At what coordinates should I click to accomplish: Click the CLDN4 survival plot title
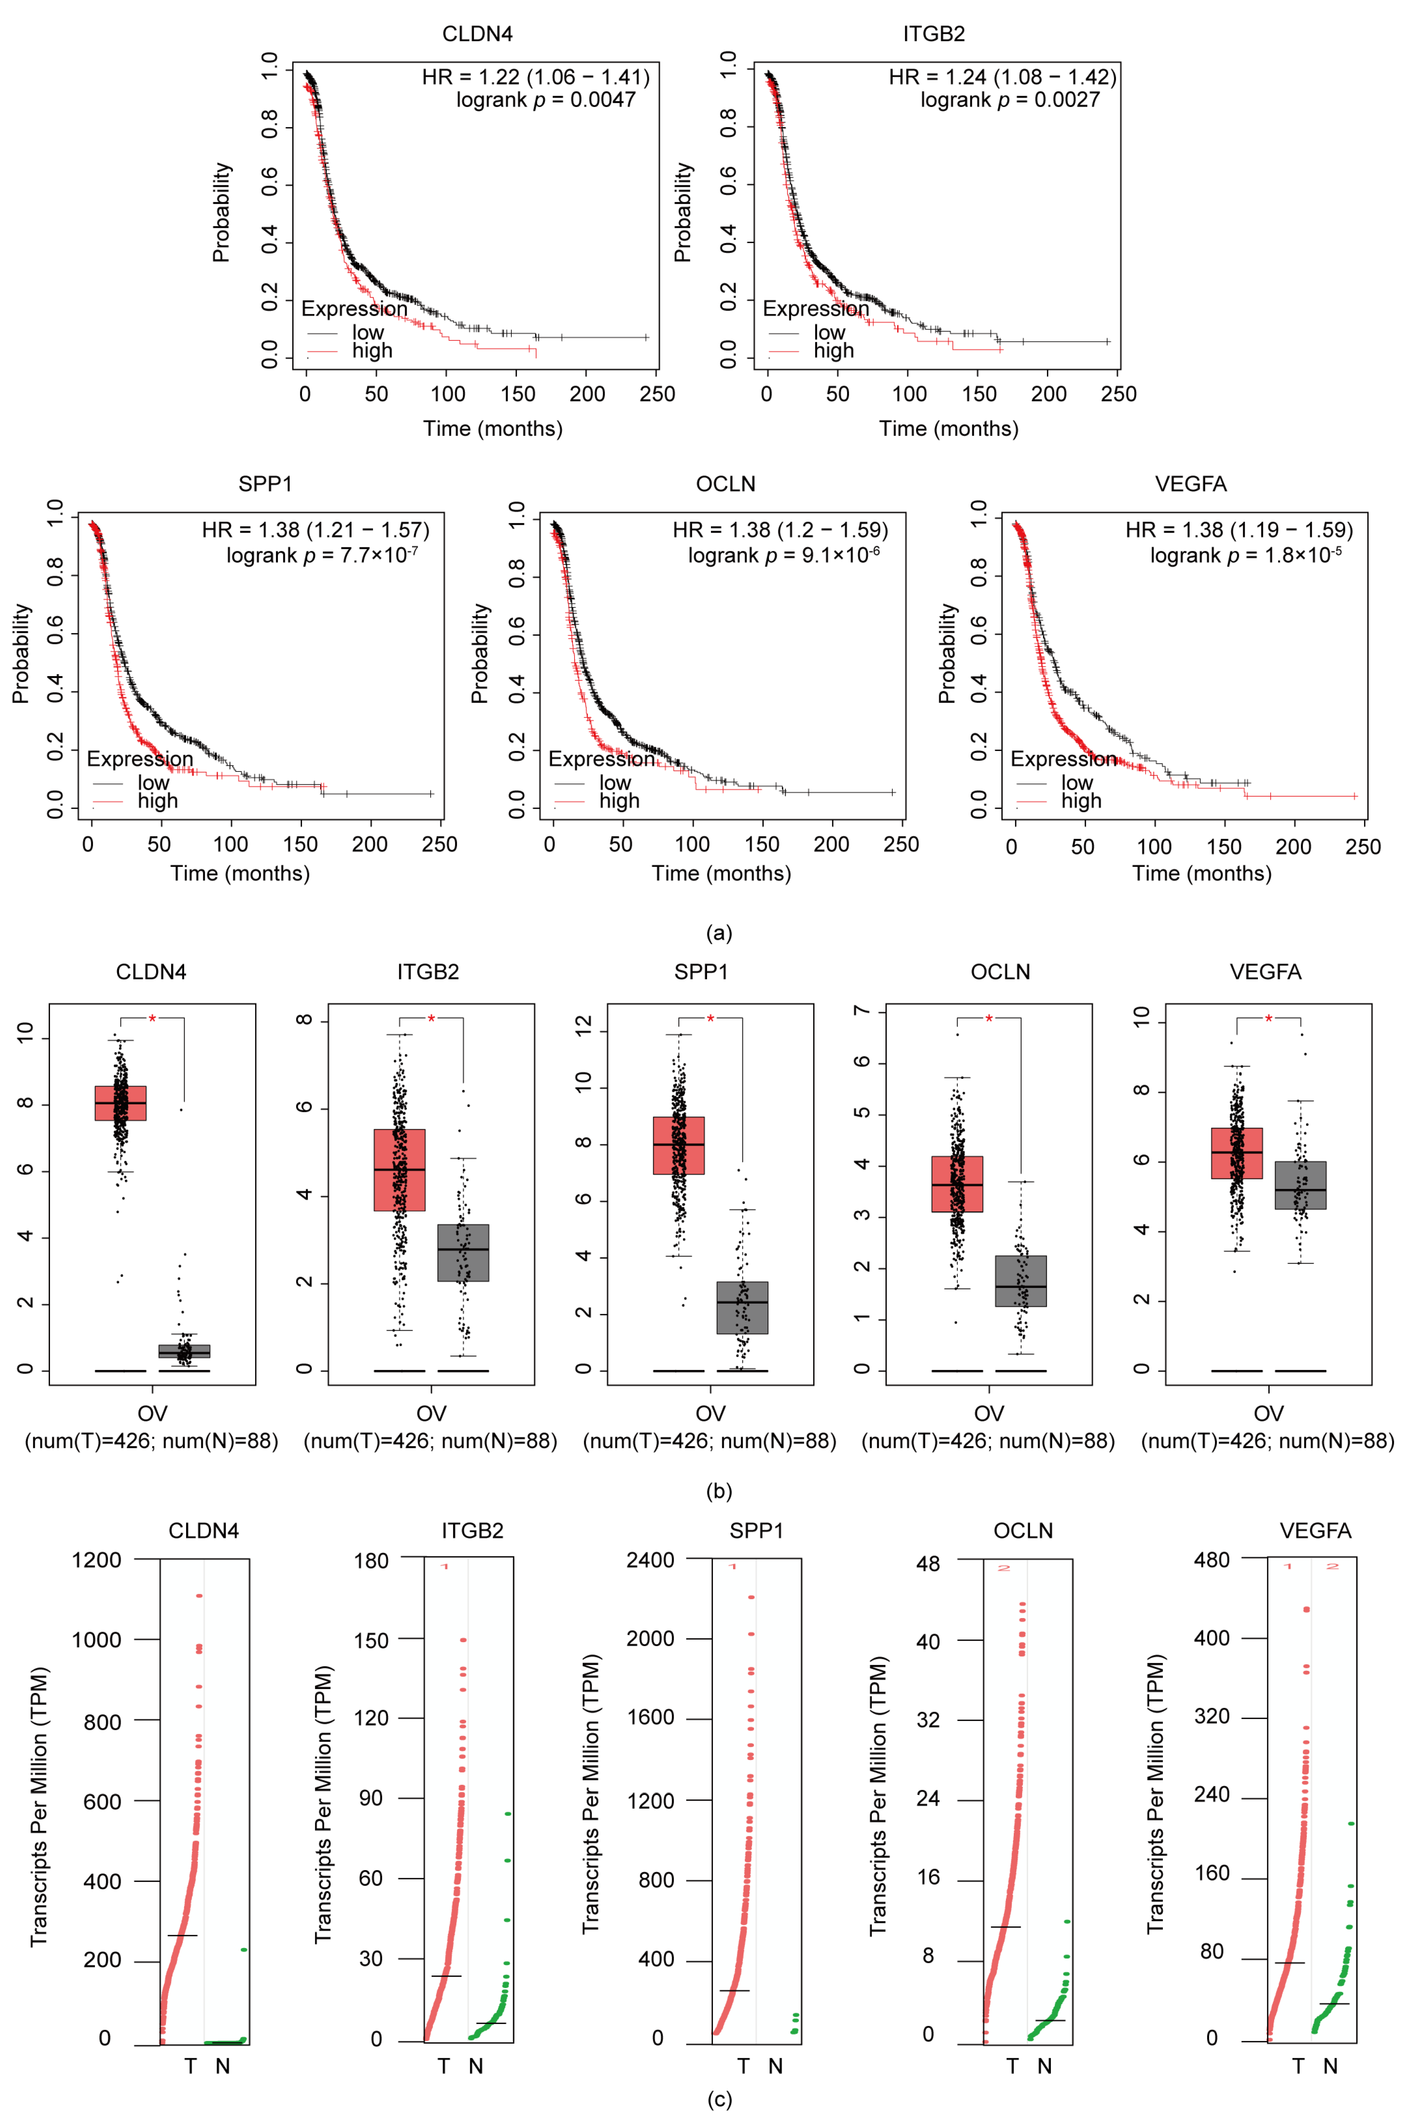tap(477, 34)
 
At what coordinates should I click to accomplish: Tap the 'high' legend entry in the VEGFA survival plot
tap(1080, 801)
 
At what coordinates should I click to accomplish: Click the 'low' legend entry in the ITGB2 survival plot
tap(830, 333)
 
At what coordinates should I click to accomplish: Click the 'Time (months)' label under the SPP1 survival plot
tap(240, 873)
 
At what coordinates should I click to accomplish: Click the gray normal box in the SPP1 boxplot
tap(742, 1308)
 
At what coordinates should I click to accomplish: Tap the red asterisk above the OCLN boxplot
tap(989, 1019)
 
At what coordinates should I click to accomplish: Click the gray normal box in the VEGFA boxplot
tap(1300, 1185)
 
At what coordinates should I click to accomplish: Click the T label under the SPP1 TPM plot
tap(744, 2066)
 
